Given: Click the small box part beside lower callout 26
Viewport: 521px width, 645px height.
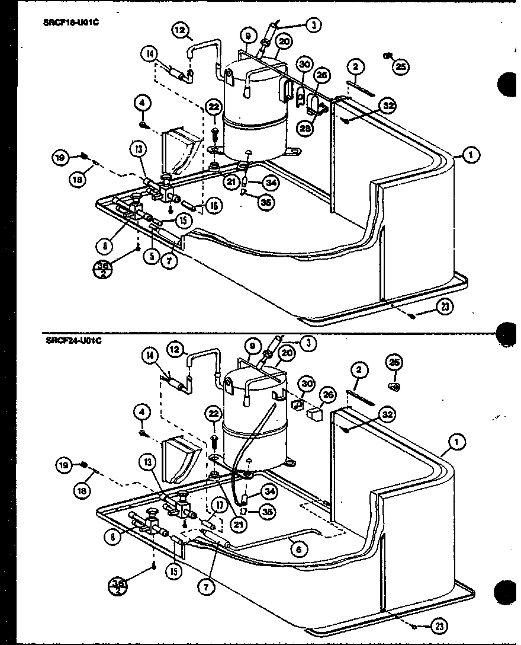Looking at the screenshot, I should [314, 413].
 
